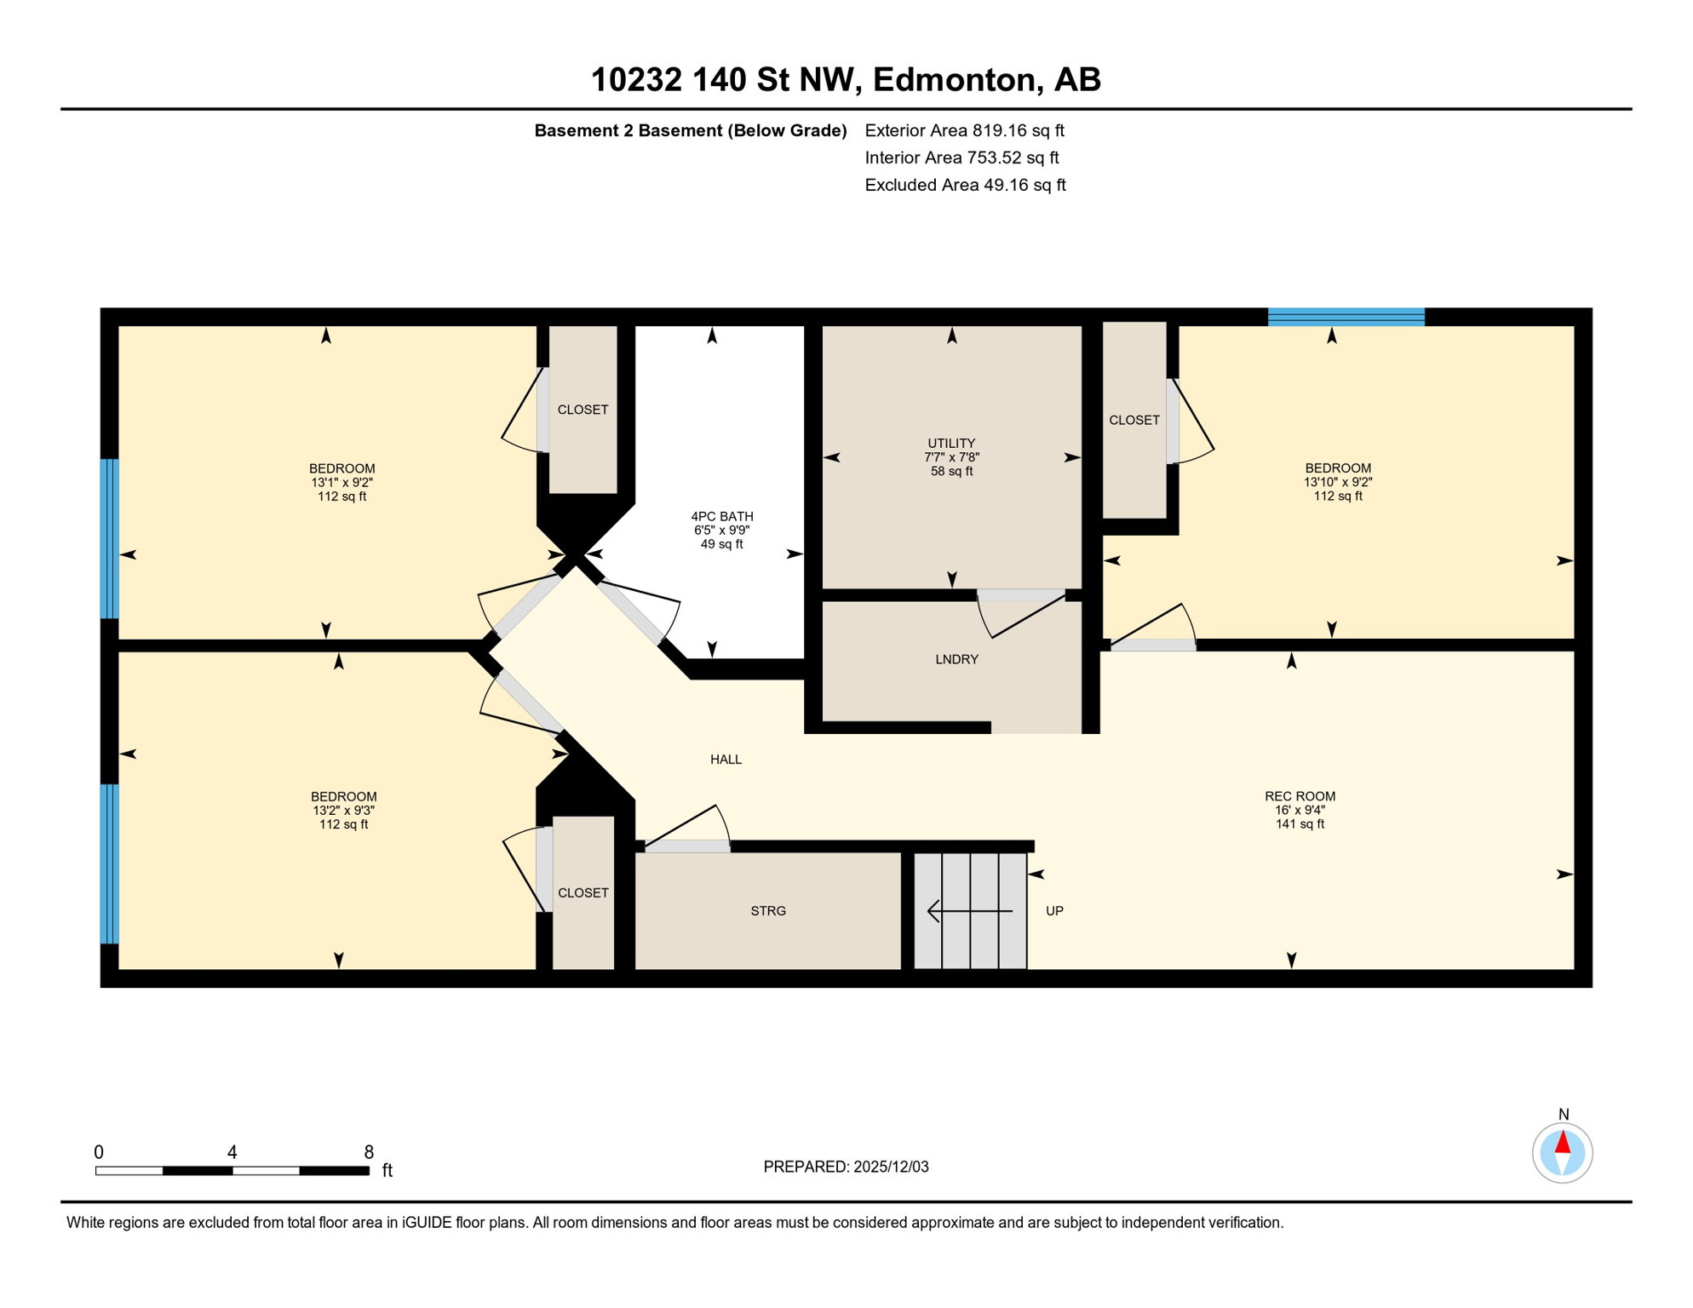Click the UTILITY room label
click(951, 443)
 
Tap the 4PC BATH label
click(721, 516)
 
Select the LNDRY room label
click(956, 659)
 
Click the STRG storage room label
click(767, 910)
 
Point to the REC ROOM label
click(1300, 796)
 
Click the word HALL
click(726, 759)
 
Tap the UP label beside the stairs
click(1054, 910)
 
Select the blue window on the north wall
click(1346, 317)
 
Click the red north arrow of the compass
click(1562, 1142)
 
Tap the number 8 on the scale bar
click(369, 1152)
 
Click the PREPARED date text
click(846, 1167)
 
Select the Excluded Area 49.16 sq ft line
click(965, 185)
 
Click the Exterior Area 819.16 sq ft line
click(964, 130)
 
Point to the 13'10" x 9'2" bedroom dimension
click(1337, 482)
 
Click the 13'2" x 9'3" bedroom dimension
click(343, 811)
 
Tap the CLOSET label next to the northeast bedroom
click(1133, 420)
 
